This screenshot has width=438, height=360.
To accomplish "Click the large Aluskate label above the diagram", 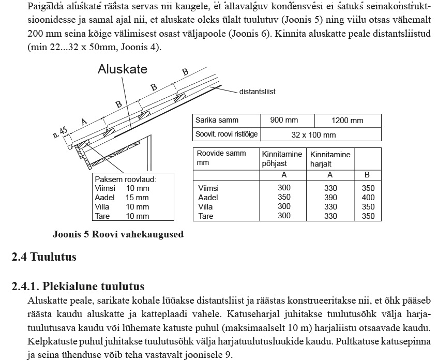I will coord(123,70).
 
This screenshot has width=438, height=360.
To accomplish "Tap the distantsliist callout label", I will coord(257,92).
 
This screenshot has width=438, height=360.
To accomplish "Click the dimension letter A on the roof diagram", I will coord(84,121).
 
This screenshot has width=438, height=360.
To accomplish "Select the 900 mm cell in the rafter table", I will coord(284,120).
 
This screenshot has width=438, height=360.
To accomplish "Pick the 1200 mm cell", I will coord(347,121).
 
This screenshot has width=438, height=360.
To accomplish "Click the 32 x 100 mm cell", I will coord(314,135).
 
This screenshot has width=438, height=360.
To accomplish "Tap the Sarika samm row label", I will coord(217,120).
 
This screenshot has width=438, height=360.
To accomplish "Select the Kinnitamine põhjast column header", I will coord(282,158).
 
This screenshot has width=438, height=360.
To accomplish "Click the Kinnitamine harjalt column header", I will coord(330,159).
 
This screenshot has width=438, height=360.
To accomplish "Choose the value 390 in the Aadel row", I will coord(330,198).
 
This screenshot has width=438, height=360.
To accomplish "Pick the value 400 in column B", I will coord(368,198).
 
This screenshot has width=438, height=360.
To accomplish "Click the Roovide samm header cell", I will coord(221,158).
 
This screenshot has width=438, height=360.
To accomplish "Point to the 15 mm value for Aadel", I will coord(137,198).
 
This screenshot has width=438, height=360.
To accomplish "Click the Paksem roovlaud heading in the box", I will coord(126,179).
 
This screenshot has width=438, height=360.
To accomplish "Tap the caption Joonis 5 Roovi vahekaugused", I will coord(118,234).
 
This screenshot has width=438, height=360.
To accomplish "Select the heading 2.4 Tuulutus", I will coord(44,257).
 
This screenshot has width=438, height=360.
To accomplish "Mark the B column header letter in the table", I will coord(368,175).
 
